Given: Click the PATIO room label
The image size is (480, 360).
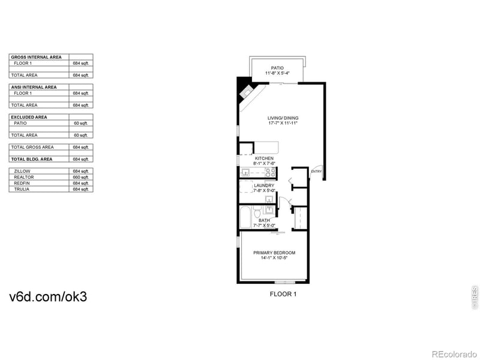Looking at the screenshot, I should click(x=277, y=68).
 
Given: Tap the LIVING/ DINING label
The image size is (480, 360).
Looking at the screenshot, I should click(x=283, y=118).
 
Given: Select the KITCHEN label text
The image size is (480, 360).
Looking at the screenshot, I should click(x=264, y=158).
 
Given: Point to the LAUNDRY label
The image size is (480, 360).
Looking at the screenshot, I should click(x=264, y=185).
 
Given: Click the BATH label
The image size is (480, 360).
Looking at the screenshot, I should click(x=264, y=220).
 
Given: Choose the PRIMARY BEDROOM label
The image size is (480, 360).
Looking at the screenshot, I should click(x=274, y=253).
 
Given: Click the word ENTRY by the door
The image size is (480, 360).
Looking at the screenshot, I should click(x=316, y=172).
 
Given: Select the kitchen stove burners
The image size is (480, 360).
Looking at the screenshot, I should click(x=270, y=172).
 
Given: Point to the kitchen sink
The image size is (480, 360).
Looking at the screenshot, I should click(x=245, y=172).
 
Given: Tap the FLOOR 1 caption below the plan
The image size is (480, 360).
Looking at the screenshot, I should click(x=282, y=294).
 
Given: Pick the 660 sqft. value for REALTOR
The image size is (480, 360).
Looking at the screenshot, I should click(x=80, y=178).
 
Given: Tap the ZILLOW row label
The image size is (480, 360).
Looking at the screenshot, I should click(x=22, y=172).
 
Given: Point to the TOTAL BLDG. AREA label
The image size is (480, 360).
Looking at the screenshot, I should click(x=32, y=159).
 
